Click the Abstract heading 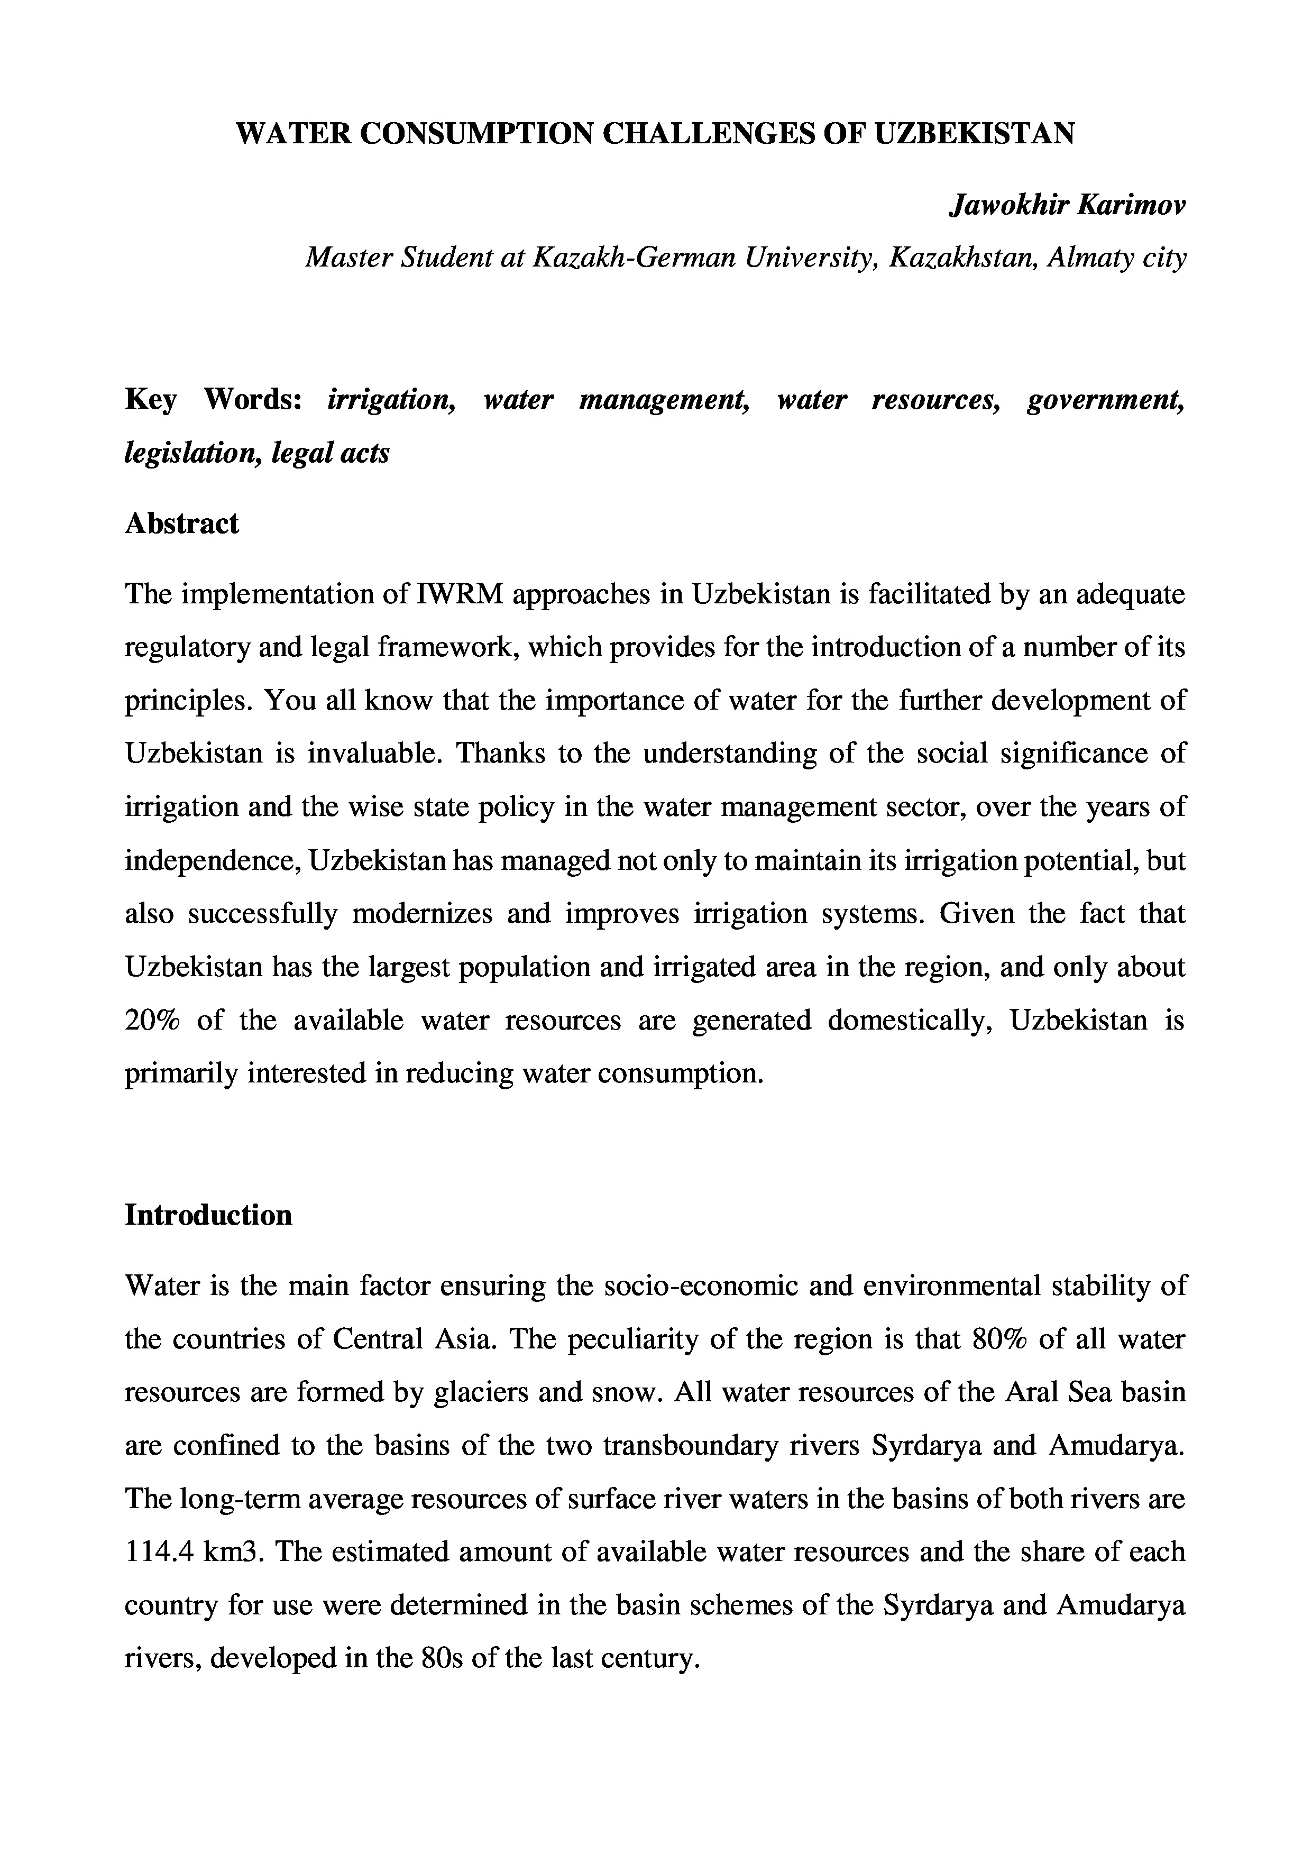[x=182, y=524]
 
